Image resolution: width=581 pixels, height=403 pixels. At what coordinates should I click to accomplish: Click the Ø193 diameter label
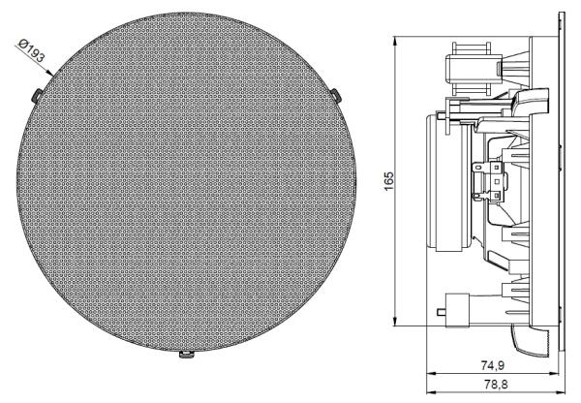[x=33, y=47]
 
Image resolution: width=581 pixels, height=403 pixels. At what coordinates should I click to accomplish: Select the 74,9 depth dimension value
[x=493, y=365]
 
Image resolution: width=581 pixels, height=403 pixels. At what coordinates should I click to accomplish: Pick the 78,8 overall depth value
[x=493, y=386]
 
